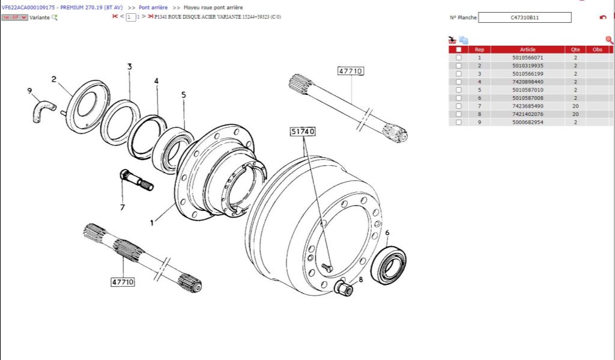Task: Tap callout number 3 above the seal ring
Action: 129,67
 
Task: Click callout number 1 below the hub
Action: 152,222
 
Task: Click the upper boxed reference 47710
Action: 350,71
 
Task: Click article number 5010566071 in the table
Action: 527,58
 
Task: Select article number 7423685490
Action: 527,106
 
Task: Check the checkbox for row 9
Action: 459,123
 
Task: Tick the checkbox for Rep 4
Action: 459,82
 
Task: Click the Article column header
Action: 527,49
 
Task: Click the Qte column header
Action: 575,49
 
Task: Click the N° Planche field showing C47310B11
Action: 524,17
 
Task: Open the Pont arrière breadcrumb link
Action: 153,7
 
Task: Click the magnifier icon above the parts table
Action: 609,40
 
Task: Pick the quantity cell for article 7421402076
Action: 575,114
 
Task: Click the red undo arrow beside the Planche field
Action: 602,17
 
